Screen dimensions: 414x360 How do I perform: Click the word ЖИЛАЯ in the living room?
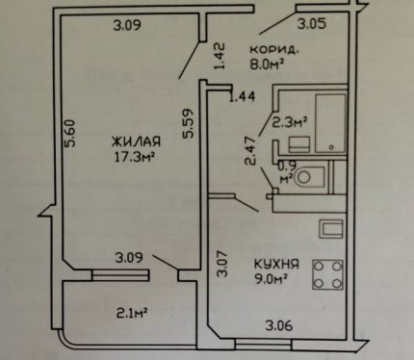(136, 141)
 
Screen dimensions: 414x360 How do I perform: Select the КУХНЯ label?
(276, 265)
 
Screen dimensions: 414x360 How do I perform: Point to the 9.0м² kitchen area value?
(271, 279)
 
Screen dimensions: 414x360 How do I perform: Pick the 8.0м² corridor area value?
(267, 64)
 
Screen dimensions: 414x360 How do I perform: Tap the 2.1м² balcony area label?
(132, 312)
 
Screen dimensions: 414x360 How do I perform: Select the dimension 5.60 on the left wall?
(69, 134)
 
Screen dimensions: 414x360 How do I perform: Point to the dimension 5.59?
(188, 124)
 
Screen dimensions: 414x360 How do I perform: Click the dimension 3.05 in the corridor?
(312, 24)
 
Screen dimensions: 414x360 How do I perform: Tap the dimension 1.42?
(220, 56)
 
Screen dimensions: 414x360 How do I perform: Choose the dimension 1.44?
(242, 96)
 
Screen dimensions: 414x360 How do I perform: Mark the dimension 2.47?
(250, 151)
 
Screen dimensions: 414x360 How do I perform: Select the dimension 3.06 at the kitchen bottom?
(279, 326)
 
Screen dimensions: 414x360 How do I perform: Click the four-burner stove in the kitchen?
(327, 274)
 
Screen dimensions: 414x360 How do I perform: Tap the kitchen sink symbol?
(331, 229)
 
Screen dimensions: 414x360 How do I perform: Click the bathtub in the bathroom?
(330, 123)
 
